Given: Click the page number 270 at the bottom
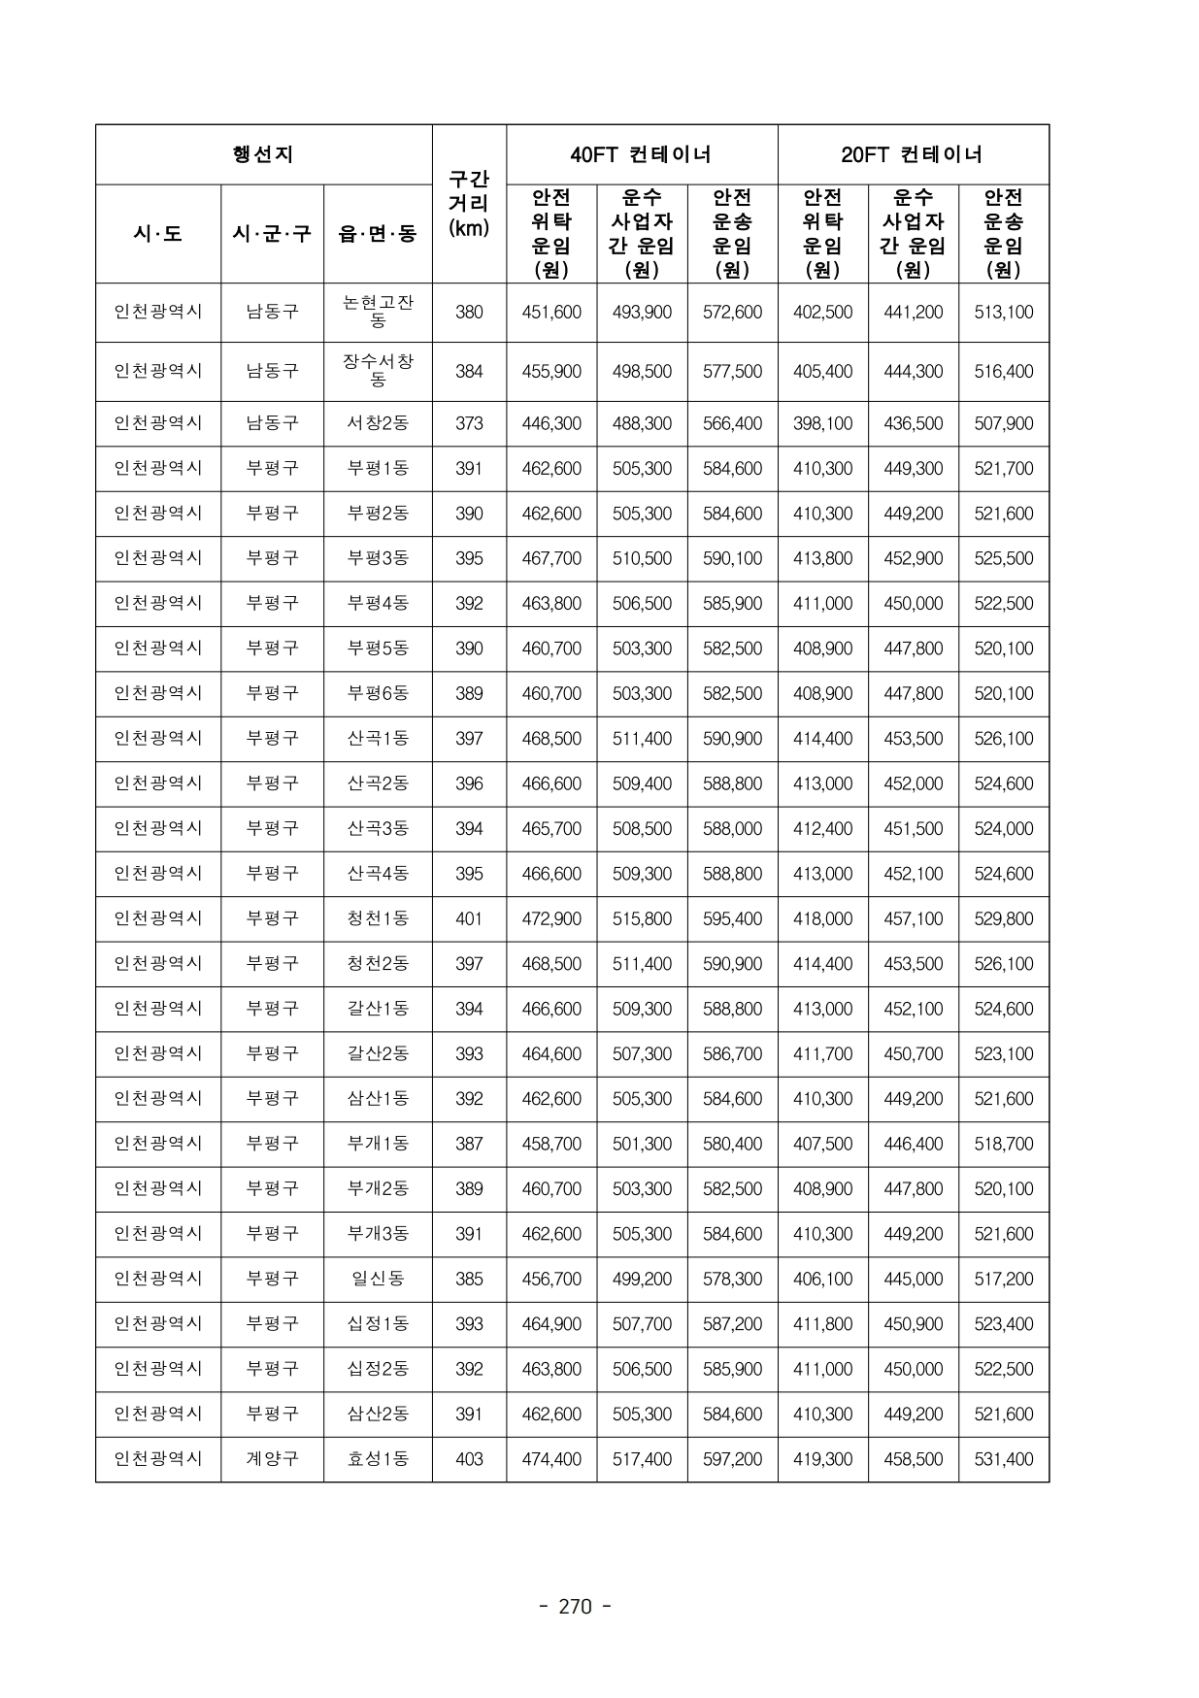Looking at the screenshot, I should pyautogui.click(x=575, y=1607).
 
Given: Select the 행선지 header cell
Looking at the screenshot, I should pyautogui.click(x=263, y=154).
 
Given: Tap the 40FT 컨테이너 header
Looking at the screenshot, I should pyautogui.click(x=641, y=154).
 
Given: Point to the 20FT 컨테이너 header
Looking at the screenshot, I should pyautogui.click(x=913, y=154).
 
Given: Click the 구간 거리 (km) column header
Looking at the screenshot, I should pyautogui.click(x=469, y=204).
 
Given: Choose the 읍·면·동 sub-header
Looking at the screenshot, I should pyautogui.click(x=378, y=234).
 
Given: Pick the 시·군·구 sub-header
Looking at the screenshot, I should pyautogui.click(x=272, y=234).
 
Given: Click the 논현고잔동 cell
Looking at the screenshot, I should pyautogui.click(x=378, y=312).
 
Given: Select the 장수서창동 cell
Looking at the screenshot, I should pyautogui.click(x=378, y=371).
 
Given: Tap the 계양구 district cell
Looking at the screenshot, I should pyautogui.click(x=272, y=1459).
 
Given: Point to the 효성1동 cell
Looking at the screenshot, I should pyautogui.click(x=378, y=1459).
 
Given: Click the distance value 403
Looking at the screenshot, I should pyautogui.click(x=469, y=1459).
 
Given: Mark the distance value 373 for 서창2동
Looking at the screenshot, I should pyautogui.click(x=469, y=423).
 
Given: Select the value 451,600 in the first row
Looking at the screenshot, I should pyautogui.click(x=551, y=312).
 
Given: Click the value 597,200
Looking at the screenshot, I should pyautogui.click(x=732, y=1459).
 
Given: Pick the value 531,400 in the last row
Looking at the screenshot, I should pyautogui.click(x=1004, y=1459).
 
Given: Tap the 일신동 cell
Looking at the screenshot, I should pyautogui.click(x=378, y=1279).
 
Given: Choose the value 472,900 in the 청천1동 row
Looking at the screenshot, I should pyautogui.click(x=551, y=918).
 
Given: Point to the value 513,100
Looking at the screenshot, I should pyautogui.click(x=1004, y=312).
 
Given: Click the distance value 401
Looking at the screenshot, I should pyautogui.click(x=469, y=918).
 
